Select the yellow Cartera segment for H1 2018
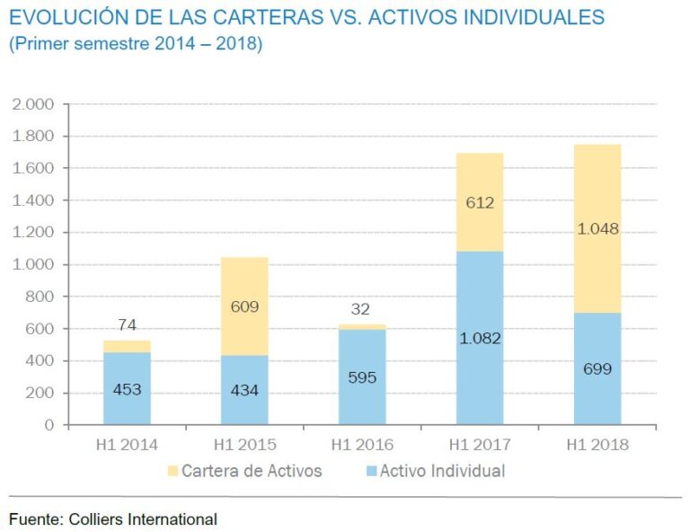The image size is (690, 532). pos(597,228)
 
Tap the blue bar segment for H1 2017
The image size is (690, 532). pos(480,338)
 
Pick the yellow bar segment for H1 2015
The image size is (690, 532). pos(244,306)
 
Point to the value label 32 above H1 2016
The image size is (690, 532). pos(362,308)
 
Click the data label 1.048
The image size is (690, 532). pos(597,228)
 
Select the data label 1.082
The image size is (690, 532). pos(480,339)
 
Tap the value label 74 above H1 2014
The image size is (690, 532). pos(127,325)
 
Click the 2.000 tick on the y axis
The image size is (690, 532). pos(34,104)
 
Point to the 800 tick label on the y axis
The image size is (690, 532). pos(41,297)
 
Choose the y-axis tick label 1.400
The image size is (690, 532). pos(34,200)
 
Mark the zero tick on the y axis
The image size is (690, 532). pos(50,425)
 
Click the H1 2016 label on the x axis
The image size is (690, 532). pos(362,445)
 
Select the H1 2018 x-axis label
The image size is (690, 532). pos(597,445)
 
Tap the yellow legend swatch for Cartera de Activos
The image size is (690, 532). pos(172,471)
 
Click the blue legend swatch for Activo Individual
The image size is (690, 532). pos(369,471)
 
